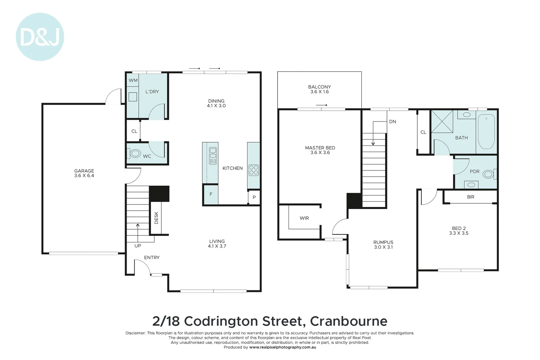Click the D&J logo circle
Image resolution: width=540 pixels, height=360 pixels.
(x=40, y=37)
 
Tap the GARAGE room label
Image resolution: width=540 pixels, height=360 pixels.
(x=84, y=171)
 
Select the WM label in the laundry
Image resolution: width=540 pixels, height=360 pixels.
(x=133, y=80)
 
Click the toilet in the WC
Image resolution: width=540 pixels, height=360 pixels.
(x=135, y=154)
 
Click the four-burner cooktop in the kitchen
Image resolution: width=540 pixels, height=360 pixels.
(x=254, y=170)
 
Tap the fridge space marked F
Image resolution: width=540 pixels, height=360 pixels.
(x=211, y=194)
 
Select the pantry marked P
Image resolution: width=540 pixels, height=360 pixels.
(x=254, y=197)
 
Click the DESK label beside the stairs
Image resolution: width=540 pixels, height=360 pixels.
(x=156, y=218)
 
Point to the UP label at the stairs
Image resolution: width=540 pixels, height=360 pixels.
(x=138, y=246)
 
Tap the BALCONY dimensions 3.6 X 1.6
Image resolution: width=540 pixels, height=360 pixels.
(x=319, y=92)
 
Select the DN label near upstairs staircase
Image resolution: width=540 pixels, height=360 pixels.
(x=392, y=122)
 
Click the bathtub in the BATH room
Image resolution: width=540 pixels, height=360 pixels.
(x=486, y=131)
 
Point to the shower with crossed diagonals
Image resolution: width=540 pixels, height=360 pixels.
(x=442, y=121)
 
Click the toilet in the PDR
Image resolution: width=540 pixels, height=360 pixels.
(x=488, y=174)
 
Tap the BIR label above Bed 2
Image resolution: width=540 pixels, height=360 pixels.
(x=470, y=197)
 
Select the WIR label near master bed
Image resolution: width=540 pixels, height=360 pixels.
(x=304, y=218)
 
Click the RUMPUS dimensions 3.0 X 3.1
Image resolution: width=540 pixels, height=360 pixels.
(x=383, y=247)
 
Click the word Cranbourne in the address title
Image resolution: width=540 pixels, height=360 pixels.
(x=349, y=321)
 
